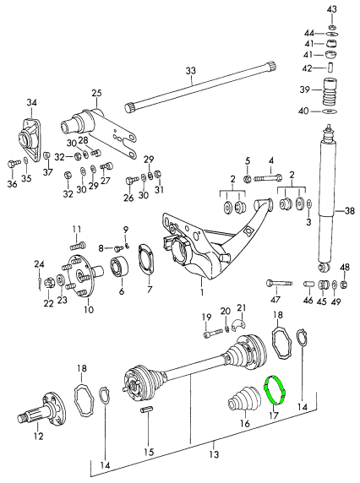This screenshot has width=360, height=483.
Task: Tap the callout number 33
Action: (191, 71)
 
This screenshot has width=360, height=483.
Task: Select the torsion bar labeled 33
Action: (200, 87)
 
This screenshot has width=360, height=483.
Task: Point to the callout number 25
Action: (96, 93)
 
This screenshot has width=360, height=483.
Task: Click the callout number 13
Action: (214, 454)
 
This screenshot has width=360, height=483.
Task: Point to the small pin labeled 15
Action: (146, 410)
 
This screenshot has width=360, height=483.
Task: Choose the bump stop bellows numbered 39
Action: (330, 92)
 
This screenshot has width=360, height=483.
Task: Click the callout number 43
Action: (331, 9)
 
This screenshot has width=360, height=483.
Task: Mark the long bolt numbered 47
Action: (279, 283)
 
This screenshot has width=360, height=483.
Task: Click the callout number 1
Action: (202, 291)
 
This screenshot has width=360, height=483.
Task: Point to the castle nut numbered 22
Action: (49, 283)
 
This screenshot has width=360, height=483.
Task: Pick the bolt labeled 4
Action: (268, 178)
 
